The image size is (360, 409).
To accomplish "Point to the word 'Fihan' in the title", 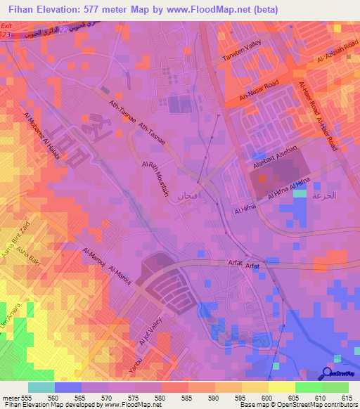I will [22, 10].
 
